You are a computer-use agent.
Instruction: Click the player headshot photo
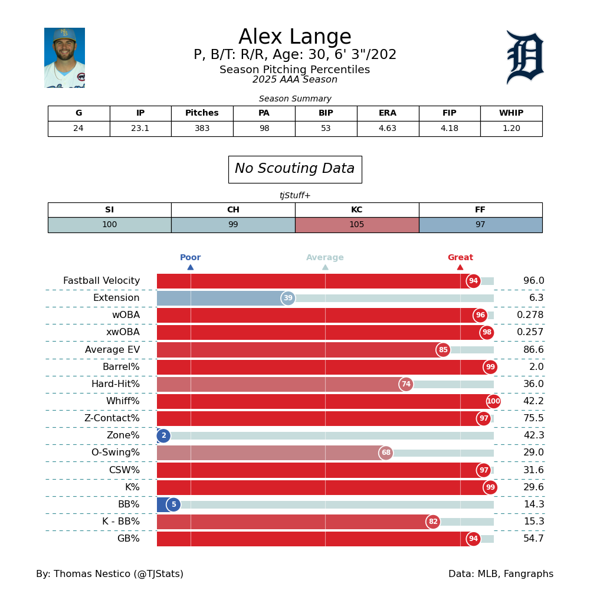pos(64,58)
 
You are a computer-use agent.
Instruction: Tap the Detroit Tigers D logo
pos(525,57)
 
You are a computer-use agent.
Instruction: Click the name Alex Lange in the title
pos(294,38)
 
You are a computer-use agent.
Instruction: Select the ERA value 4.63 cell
pos(388,129)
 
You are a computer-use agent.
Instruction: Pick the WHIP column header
pos(511,113)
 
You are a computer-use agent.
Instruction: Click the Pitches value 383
pos(202,129)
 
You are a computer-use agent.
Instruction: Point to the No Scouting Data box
pos(294,169)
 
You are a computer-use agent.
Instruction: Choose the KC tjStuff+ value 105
pos(356,225)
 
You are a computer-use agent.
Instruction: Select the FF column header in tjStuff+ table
pos(480,210)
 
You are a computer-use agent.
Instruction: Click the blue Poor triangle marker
pos(191,267)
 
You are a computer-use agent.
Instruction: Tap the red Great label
pos(460,258)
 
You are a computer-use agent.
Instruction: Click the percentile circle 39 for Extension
pos(288,299)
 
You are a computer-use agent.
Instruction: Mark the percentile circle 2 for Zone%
pos(163,436)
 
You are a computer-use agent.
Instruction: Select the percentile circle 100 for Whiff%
pos(493,402)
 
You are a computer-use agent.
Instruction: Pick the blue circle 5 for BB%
pos(173,505)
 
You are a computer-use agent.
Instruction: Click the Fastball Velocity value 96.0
pos(533,281)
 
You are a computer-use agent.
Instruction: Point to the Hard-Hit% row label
pos(116,385)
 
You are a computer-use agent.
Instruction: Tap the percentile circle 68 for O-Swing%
pos(386,453)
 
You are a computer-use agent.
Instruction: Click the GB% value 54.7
pos(533,539)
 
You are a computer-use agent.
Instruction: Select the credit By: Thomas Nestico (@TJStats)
pos(110,574)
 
